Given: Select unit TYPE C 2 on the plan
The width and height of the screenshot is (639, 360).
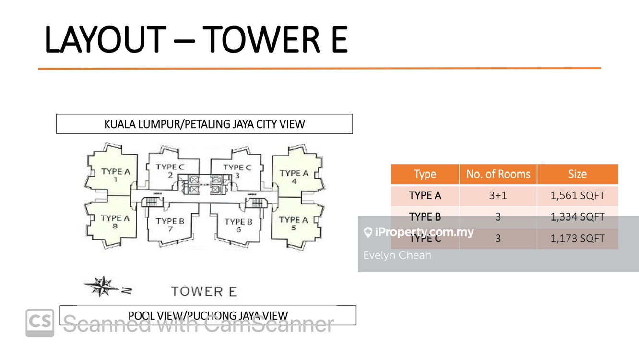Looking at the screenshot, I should (170, 170).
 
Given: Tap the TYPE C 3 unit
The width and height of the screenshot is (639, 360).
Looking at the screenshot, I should (237, 171).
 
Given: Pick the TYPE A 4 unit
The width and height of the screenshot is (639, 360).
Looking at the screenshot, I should (294, 176).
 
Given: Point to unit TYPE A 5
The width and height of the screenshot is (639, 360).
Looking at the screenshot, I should (293, 223).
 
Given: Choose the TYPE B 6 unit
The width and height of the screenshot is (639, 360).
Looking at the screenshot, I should (238, 225).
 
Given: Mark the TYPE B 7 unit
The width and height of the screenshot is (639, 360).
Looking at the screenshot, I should (170, 224).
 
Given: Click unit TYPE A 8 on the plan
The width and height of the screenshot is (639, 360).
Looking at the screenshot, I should (115, 221).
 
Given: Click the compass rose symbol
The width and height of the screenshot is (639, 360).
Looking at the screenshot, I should (103, 287).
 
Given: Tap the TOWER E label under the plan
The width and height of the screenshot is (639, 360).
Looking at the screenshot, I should (204, 291).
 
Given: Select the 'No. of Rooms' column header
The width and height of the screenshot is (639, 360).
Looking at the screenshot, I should (498, 174).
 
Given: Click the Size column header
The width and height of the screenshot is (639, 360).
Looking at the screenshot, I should (577, 174).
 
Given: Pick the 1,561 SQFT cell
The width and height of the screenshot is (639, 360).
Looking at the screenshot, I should (577, 195).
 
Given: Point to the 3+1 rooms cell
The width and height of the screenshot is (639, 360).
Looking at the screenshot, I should (498, 195).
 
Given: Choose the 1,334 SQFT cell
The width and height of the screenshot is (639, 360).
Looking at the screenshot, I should (577, 217).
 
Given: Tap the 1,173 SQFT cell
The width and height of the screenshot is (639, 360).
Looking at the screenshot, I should (577, 238).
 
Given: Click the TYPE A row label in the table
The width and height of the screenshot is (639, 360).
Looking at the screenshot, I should (425, 195).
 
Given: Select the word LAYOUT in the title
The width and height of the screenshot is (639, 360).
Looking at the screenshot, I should (106, 39).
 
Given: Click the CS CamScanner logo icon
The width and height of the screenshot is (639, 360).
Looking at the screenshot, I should (40, 322).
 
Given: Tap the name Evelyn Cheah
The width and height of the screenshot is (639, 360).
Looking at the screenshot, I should (397, 255).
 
